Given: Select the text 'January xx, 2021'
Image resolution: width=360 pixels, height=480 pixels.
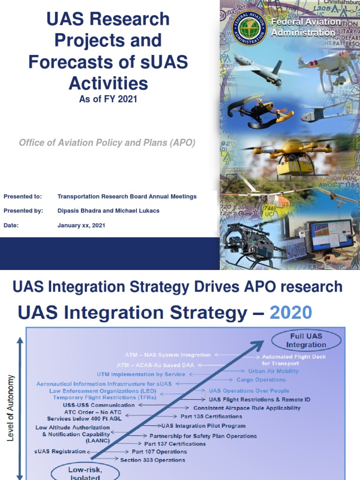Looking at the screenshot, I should pyautogui.click(x=81, y=225).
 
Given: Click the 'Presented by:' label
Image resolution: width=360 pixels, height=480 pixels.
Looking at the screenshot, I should pyautogui.click(x=23, y=211).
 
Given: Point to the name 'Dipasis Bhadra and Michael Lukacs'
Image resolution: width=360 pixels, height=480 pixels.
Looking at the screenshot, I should pyautogui.click(x=108, y=211).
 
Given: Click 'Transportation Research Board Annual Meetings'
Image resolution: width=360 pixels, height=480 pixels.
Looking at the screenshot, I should pyautogui.click(x=127, y=196).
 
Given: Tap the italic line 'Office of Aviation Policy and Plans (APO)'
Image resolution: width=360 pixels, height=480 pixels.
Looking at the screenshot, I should pyautogui.click(x=107, y=143).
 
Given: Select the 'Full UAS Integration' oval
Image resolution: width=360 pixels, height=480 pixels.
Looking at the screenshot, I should pyautogui.click(x=306, y=340).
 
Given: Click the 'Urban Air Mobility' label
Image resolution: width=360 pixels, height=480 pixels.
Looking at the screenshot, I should pyautogui.click(x=273, y=371).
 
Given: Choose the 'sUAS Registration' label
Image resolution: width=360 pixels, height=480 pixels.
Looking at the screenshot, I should pyautogui.click(x=60, y=451).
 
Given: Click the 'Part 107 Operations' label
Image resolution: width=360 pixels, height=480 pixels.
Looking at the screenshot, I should pyautogui.click(x=159, y=452).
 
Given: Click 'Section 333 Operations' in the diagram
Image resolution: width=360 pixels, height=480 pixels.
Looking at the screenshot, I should pyautogui.click(x=152, y=460).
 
